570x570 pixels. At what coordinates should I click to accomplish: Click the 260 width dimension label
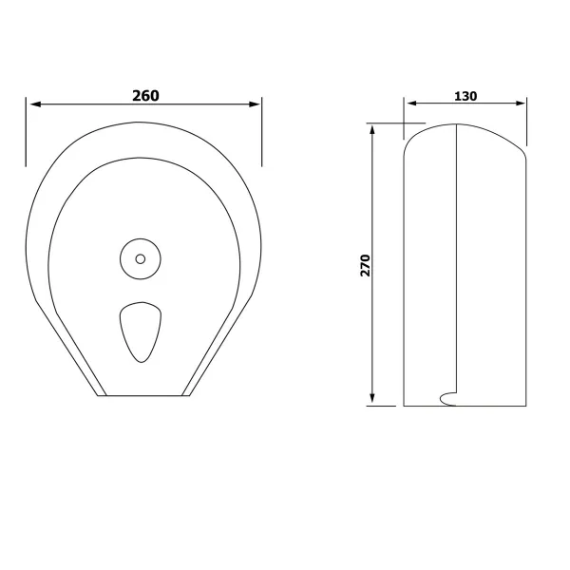(145, 96)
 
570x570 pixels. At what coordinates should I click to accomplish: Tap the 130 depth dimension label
(465, 96)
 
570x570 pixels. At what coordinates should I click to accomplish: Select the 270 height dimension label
(365, 265)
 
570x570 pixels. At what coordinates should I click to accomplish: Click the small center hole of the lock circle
(141, 258)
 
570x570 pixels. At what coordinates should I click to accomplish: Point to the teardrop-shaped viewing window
(141, 332)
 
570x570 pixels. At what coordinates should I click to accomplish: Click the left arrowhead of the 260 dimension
(35, 104)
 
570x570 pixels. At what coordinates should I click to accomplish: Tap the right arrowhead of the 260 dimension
(255, 104)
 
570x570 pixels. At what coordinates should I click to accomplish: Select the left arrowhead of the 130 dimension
(411, 104)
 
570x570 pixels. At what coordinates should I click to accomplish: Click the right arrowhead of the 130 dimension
(521, 104)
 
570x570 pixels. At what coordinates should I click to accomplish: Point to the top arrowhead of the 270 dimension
(371, 129)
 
